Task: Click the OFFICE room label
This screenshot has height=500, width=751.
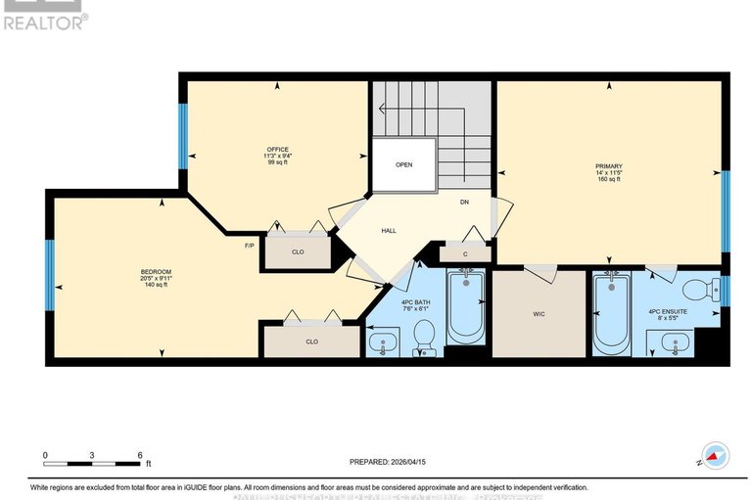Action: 277,149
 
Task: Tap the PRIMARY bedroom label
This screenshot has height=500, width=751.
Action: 608,166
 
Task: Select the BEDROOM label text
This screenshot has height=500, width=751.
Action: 156,271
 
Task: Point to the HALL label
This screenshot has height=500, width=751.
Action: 388,231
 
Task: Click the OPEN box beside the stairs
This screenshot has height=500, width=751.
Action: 403,164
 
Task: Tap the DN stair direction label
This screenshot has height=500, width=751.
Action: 465,203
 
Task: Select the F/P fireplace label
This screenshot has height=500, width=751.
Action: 249,246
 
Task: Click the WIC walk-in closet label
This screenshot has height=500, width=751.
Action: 538,314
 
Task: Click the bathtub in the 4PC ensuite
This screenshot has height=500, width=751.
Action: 611,313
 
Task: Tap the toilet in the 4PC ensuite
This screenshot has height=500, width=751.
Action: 697,291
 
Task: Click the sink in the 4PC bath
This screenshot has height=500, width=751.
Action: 383,341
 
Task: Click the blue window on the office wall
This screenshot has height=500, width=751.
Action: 182,136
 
